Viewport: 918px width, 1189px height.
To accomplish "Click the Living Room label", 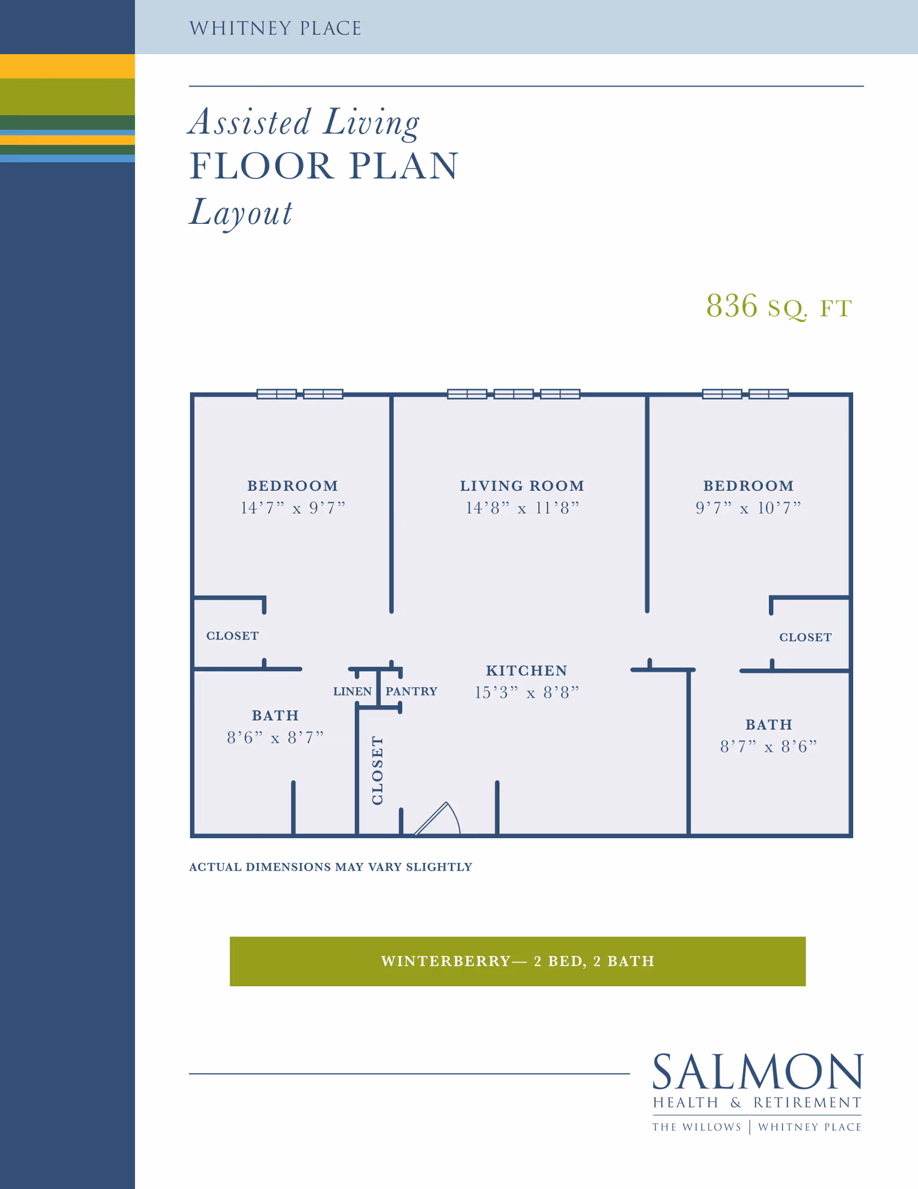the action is (522, 486).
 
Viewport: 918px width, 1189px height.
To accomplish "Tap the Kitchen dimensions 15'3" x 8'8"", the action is (527, 692).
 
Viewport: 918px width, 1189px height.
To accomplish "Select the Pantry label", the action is (411, 691).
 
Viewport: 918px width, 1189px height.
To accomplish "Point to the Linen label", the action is (352, 691).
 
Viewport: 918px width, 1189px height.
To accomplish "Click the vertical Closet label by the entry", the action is (377, 770).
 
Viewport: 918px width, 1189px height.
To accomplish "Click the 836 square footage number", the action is (732, 305).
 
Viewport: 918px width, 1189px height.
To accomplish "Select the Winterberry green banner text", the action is (518, 961).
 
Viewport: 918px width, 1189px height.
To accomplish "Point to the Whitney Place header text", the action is (275, 28).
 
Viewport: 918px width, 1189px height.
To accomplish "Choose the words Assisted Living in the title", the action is (305, 122).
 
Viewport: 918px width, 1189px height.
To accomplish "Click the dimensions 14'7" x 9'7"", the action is (293, 508).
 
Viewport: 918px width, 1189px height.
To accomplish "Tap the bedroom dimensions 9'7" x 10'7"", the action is (748, 508).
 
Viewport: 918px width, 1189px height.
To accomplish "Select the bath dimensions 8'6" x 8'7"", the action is (275, 737).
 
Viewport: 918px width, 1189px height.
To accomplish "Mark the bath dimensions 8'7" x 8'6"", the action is (769, 746).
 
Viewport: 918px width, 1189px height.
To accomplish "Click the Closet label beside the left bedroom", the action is (232, 636).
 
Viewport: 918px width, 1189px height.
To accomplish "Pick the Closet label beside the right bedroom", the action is (806, 637).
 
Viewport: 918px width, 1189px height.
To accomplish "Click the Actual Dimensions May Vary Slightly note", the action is (330, 867).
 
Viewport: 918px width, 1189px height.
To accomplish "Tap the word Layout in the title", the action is (241, 212).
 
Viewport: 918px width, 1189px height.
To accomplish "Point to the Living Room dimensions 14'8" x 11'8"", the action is (522, 508).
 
